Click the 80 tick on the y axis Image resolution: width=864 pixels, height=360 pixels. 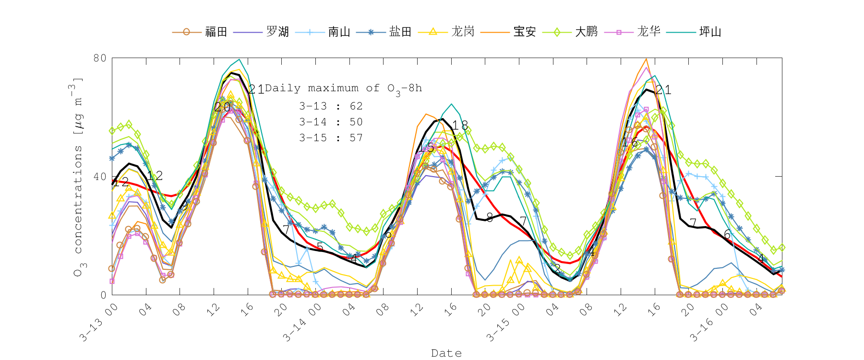(99, 58)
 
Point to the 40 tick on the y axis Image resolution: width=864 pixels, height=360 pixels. (99, 177)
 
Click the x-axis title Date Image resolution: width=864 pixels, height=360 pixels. (446, 353)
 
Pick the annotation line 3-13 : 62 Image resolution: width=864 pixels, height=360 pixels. (331, 106)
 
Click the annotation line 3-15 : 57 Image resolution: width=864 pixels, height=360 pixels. (331, 138)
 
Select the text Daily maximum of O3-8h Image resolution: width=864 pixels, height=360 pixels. (343, 89)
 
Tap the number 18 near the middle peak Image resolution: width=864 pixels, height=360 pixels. (460, 126)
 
